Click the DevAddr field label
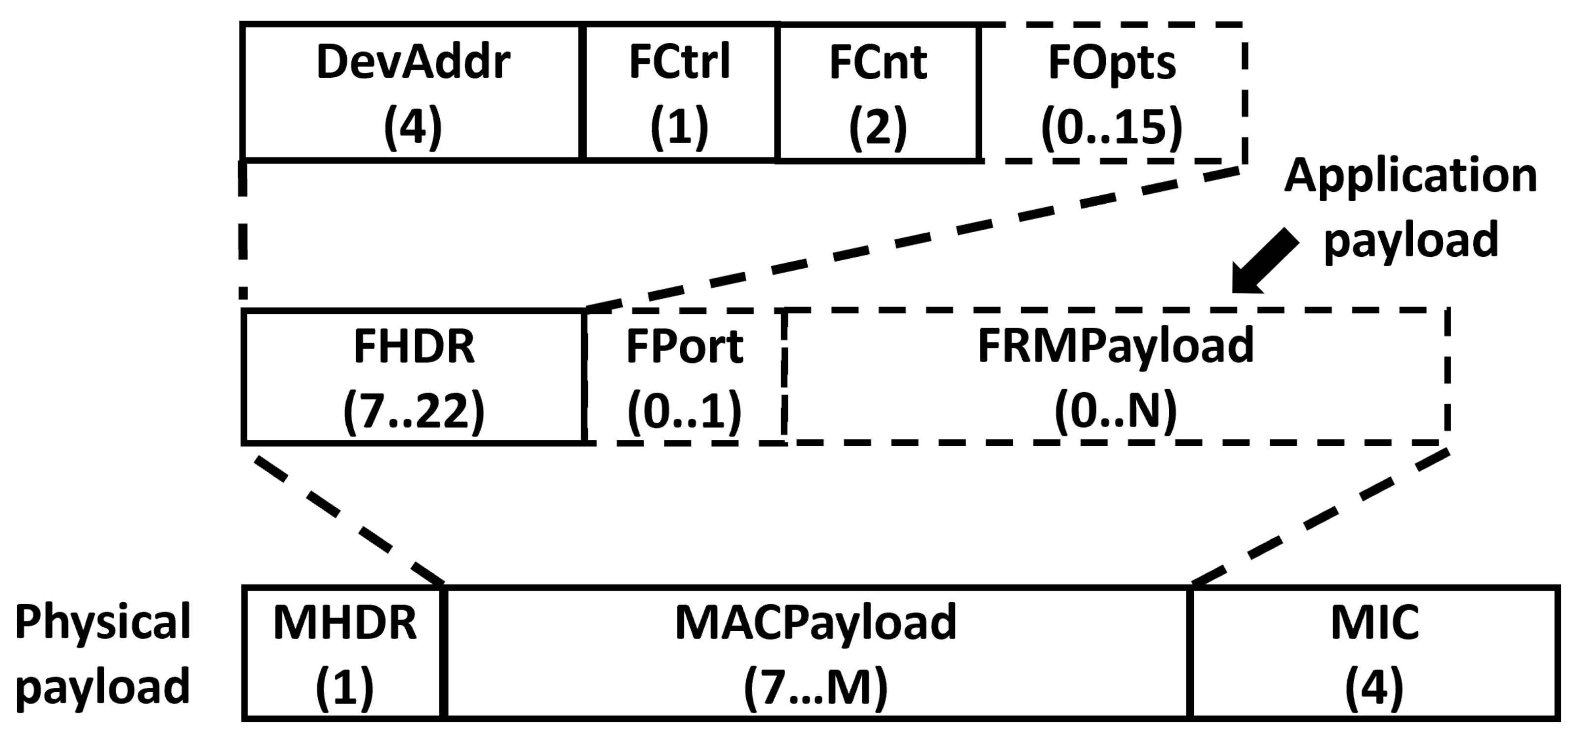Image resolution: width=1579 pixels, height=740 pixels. [x=413, y=62]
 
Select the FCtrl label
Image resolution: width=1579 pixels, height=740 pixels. [x=679, y=62]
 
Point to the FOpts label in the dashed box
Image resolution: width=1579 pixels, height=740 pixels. [x=1112, y=62]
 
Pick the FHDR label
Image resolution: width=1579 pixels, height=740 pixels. [x=414, y=347]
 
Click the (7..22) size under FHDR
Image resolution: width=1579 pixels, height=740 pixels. [x=414, y=412]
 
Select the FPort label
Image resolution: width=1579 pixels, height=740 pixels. [x=684, y=347]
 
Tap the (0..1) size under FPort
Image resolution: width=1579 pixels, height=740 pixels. [x=684, y=412]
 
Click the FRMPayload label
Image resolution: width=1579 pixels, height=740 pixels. [x=1116, y=347]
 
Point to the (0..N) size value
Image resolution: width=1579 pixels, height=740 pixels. [x=1116, y=412]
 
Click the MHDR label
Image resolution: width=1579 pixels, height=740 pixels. [x=344, y=623]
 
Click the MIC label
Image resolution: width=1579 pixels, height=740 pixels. [x=1374, y=623]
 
